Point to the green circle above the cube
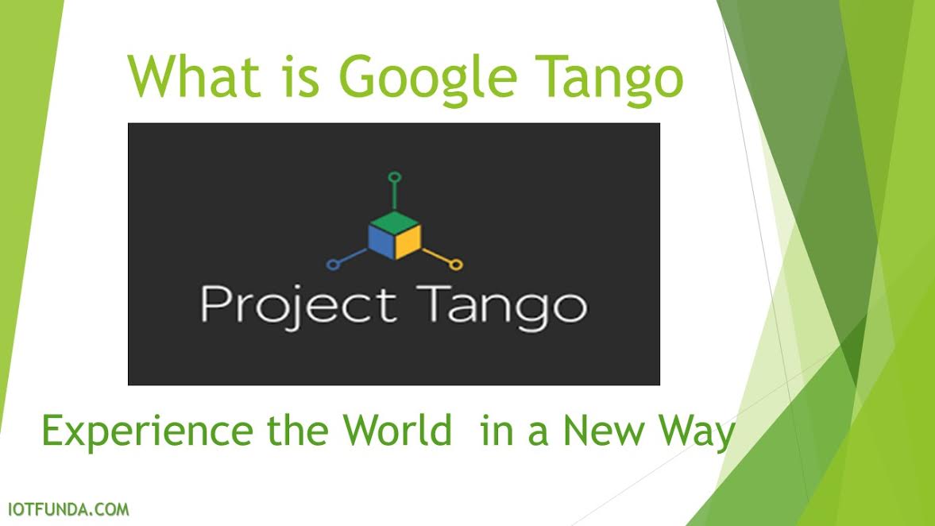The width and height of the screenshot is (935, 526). (394, 176)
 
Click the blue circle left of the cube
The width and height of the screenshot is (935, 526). (332, 264)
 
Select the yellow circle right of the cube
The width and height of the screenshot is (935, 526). (456, 264)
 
